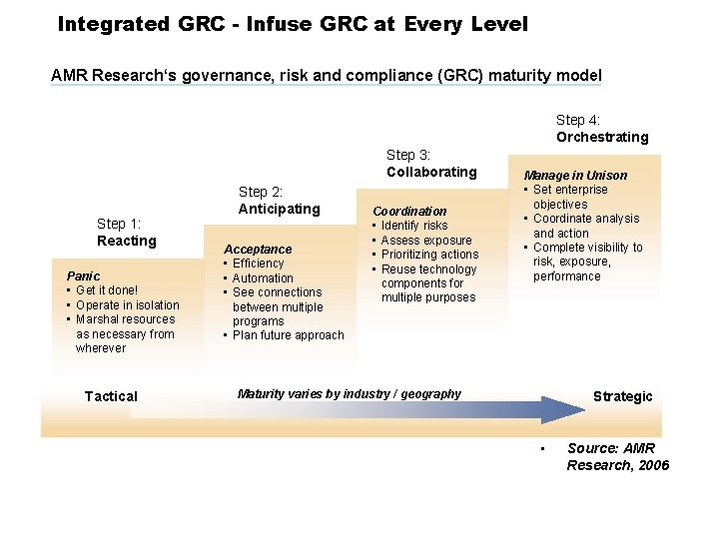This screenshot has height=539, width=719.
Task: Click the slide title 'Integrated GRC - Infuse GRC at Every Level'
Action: pos(293,23)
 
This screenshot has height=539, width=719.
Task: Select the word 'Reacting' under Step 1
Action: pos(127,241)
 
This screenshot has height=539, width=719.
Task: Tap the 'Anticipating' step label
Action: pos(279,209)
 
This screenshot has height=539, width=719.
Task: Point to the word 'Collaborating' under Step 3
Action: pos(431,172)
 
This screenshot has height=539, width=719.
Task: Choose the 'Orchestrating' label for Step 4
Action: pos(602,137)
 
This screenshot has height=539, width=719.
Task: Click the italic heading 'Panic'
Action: pos(83,275)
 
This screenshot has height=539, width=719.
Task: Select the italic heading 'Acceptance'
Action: pos(258,250)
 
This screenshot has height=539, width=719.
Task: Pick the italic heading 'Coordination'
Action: pos(409,212)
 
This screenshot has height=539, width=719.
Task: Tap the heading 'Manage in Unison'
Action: pos(576,176)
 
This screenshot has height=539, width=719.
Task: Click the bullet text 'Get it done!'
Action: pos(107,290)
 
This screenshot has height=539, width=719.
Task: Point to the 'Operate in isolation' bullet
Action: pos(128,305)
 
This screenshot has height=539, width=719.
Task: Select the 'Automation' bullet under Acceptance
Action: pos(263,278)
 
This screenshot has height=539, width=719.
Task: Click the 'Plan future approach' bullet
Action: pos(288,335)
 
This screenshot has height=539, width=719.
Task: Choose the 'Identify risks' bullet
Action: pos(414,226)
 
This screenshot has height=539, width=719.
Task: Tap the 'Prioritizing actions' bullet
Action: pos(429,255)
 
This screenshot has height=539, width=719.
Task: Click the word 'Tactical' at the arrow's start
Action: pos(111,396)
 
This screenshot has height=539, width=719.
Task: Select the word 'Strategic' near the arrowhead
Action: pos(622,396)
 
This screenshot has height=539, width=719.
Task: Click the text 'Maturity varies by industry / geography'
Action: pos(350,394)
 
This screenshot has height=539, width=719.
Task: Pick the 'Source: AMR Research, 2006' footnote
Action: pos(617,457)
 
